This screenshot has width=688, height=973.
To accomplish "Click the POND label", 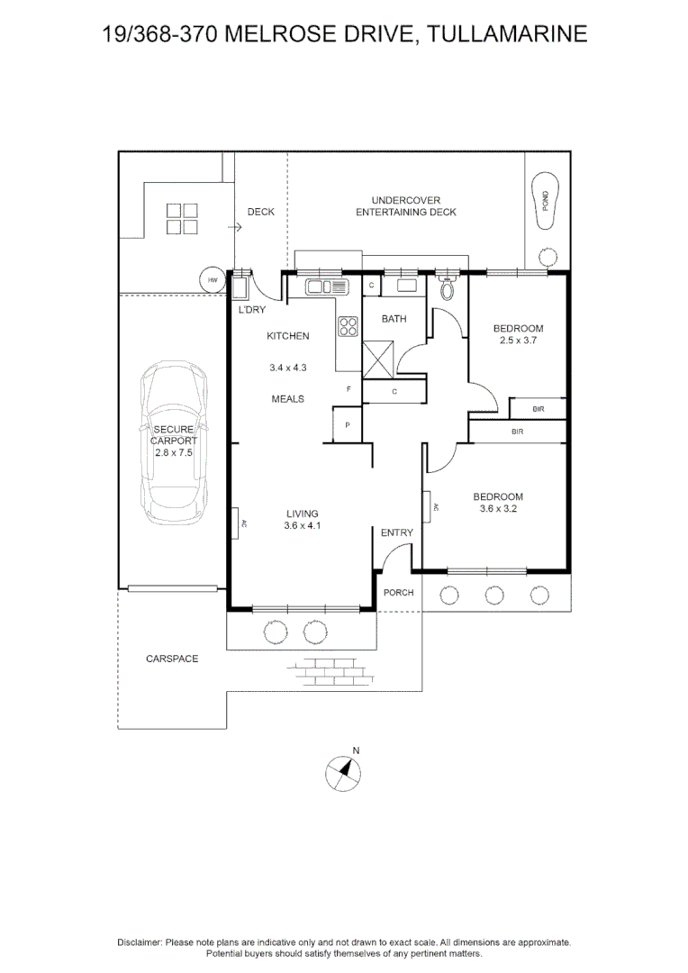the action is coord(546,200).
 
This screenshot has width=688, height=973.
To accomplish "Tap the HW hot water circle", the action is coord(213,280).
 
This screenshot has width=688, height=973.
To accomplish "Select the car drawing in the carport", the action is coord(174,442).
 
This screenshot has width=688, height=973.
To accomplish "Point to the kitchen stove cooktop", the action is coord(348,326).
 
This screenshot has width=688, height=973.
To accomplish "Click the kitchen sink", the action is coord(326,286).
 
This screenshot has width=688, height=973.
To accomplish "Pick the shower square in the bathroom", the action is coord(378,359).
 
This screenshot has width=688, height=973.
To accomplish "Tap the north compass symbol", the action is coord(343,773).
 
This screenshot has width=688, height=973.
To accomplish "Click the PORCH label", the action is coord(398,593).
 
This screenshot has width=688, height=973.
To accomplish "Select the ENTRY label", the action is coord(397,532).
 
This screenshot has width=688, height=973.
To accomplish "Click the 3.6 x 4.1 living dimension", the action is coord(302,525).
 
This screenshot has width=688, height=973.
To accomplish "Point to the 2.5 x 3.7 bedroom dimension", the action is coord(518,340).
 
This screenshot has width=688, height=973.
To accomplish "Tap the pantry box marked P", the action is coord(348,425).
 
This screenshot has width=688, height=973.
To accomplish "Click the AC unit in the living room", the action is coord(236,522).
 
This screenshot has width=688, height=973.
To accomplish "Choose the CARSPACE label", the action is coord(172,659).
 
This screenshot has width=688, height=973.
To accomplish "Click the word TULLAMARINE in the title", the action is coord(508,33).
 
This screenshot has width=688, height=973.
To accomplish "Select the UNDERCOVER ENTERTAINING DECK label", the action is coord(406,206).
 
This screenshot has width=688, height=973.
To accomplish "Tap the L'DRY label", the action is coord(252,310).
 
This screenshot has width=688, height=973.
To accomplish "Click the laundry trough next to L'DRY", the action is coord(240,288).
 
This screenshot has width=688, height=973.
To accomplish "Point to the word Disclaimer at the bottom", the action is coord(140,942).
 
